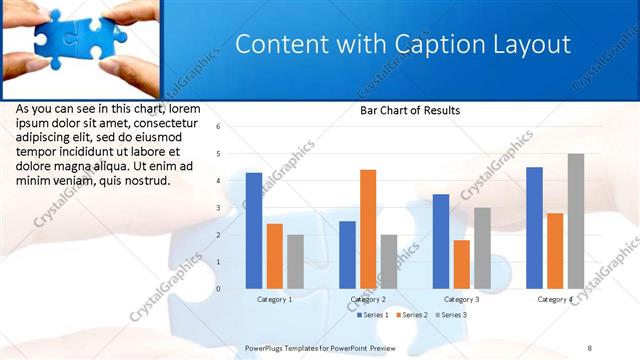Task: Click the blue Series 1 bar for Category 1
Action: coord(254,231)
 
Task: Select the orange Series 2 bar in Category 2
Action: coord(368,229)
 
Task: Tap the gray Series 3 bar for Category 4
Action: coord(576,221)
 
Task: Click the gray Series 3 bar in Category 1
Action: coord(295,262)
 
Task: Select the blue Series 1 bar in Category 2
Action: coord(347,255)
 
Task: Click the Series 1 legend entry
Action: coord(373,315)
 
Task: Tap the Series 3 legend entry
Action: coord(451,315)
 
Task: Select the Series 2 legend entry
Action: coord(412,315)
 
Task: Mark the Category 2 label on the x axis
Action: coord(368,299)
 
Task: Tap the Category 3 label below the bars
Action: coord(461,299)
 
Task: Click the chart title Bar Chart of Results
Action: coord(410,111)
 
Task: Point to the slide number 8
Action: coord(589,347)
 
